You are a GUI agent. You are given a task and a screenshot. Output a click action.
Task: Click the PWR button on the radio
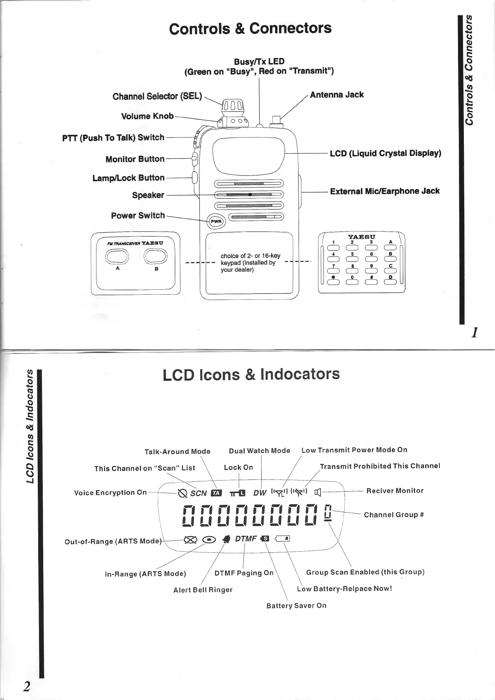216,221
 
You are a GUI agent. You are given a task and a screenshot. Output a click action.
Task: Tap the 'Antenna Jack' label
337,95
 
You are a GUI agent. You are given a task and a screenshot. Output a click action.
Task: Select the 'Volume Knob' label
147,116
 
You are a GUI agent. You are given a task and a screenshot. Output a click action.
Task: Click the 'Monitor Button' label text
135,159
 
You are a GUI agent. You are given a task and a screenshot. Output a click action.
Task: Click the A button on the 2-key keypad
118,256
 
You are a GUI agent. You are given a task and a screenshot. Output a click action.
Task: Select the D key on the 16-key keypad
391,282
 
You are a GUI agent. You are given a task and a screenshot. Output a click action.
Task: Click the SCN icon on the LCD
198,493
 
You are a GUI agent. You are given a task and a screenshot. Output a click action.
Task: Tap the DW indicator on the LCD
260,493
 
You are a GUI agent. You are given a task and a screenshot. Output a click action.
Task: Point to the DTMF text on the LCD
245,539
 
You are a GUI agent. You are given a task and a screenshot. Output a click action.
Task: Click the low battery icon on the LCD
282,539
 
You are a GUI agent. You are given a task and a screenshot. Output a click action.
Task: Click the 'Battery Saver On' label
296,606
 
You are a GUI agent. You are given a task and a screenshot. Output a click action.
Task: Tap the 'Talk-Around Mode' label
177,451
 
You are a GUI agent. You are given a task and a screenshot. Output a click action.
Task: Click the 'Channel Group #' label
394,515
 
